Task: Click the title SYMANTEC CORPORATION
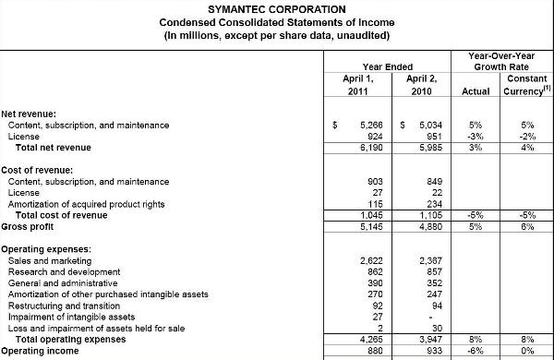coord(276,8)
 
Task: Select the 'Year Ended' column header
coord(387,67)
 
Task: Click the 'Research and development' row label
coord(64,272)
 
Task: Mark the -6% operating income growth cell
coord(476,351)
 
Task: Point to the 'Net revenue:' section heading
coord(29,113)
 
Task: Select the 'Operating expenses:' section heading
coord(44,249)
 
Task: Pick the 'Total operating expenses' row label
coord(75,340)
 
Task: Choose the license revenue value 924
coord(370,137)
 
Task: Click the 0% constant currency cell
coord(527,351)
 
